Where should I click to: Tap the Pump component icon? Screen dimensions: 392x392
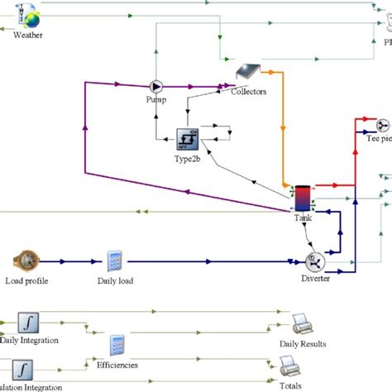point(156,85)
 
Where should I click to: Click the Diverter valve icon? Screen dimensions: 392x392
point(314,262)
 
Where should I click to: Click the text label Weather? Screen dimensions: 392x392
point(28,36)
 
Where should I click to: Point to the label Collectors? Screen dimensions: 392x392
point(249,92)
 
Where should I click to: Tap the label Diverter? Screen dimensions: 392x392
point(315,279)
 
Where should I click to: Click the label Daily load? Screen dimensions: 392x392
point(114,281)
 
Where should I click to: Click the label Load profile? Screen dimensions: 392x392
point(26,281)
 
